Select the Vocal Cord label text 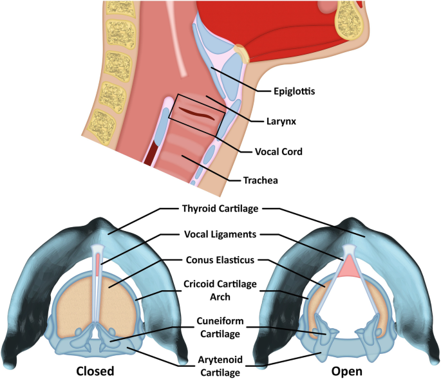click(279, 152)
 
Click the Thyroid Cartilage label click(220, 208)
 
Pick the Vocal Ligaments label click(220, 236)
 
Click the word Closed click(95, 371)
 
